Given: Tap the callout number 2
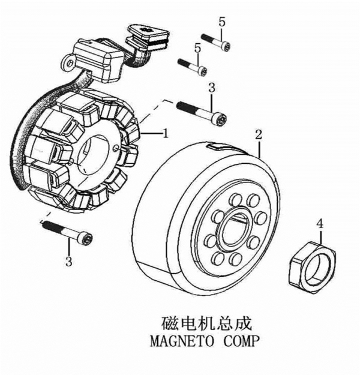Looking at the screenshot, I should pos(259,134).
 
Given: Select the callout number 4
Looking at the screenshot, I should pos(320,224).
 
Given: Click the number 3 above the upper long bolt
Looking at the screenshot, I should pos(211,88).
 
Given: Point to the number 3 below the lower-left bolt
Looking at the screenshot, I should pos(68,261).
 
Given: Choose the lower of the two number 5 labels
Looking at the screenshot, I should pos(197,47).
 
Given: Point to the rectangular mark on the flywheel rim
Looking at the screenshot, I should pos(216,146).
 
